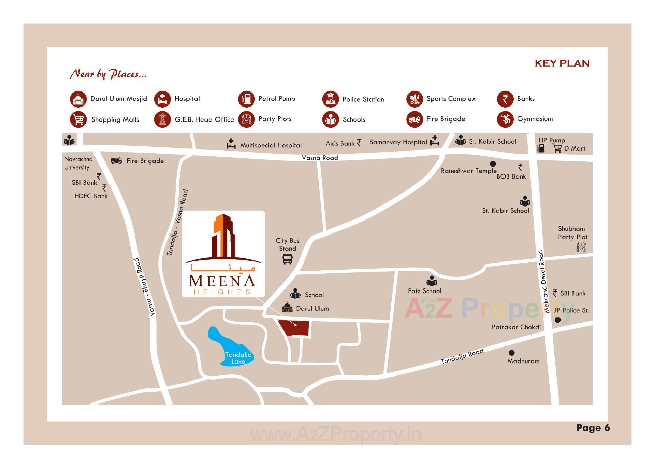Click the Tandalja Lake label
[238, 358]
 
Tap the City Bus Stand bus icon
[287, 259]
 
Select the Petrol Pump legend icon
[246, 99]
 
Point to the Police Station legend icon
[330, 99]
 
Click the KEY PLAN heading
[562, 63]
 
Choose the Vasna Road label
[320, 158]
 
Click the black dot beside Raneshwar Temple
[493, 164]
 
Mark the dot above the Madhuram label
[511, 353]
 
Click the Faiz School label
[424, 291]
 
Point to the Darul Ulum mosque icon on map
[287, 308]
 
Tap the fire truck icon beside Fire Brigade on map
[116, 160]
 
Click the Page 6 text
[593, 428]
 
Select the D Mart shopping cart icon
[557, 148]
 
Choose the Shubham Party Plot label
[572, 233]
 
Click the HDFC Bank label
[91, 196]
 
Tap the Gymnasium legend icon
[505, 119]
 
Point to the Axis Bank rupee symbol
[359, 143]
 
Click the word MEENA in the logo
[222, 281]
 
